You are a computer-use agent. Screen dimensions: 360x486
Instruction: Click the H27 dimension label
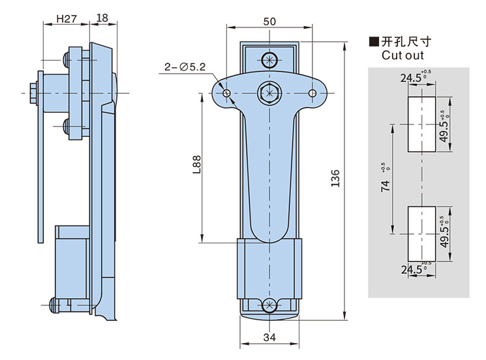click(65, 18)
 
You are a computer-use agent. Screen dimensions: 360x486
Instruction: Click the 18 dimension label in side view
click(102, 18)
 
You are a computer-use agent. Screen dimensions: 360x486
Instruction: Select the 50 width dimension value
click(269, 22)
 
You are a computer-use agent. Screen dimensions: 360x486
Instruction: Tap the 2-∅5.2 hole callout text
click(185, 67)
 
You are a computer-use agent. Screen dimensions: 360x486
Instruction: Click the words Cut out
click(403, 55)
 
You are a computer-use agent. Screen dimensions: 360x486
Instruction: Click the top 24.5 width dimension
click(412, 79)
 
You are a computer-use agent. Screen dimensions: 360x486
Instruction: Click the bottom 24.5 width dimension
click(412, 269)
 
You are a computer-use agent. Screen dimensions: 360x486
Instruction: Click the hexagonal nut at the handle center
click(269, 93)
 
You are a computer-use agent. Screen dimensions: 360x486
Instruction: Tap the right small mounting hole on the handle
click(312, 94)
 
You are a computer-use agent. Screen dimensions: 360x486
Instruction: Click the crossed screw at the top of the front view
click(269, 59)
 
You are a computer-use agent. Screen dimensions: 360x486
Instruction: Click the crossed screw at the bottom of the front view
click(269, 305)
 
